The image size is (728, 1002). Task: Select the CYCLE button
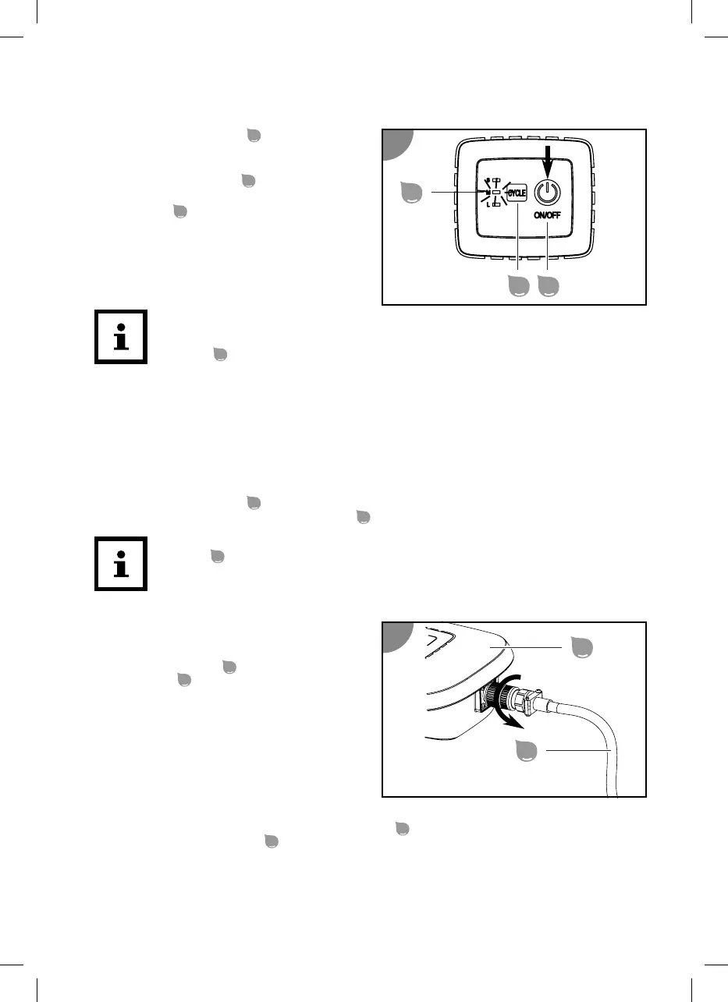(x=517, y=192)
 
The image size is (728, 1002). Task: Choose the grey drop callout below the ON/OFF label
(x=549, y=286)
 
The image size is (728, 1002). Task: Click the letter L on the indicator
(x=487, y=204)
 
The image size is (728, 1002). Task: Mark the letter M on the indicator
(x=488, y=192)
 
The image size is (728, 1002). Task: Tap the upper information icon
(x=120, y=338)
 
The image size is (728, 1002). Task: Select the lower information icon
(x=120, y=563)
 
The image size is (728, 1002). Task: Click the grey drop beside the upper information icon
(x=220, y=355)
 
